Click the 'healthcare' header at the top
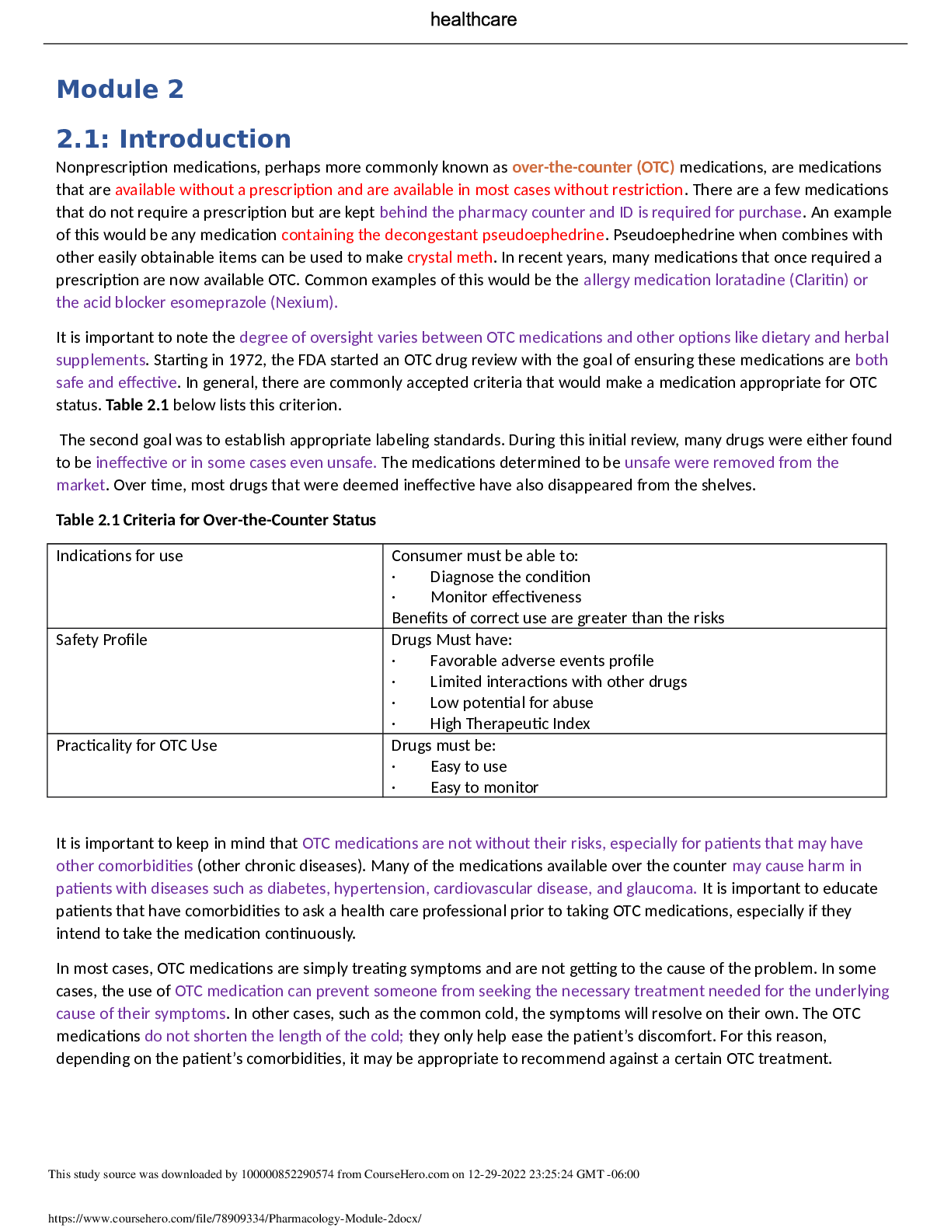tap(473, 20)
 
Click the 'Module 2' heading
tap(120, 89)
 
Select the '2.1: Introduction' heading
tap(174, 139)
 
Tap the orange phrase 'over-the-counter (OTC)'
tap(593, 167)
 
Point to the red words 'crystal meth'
tap(450, 257)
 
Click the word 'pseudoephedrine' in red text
tap(543, 235)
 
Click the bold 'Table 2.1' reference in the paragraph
tap(137, 405)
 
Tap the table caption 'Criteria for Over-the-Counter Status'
tap(249, 520)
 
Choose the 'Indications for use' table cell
tap(120, 556)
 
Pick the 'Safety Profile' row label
tap(101, 640)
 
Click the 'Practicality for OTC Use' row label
tap(137, 745)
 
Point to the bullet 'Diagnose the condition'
tap(510, 577)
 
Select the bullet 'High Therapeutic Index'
tap(510, 724)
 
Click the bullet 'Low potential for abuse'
tap(511, 703)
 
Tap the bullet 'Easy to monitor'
tap(484, 787)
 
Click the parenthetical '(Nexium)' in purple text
tap(304, 302)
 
